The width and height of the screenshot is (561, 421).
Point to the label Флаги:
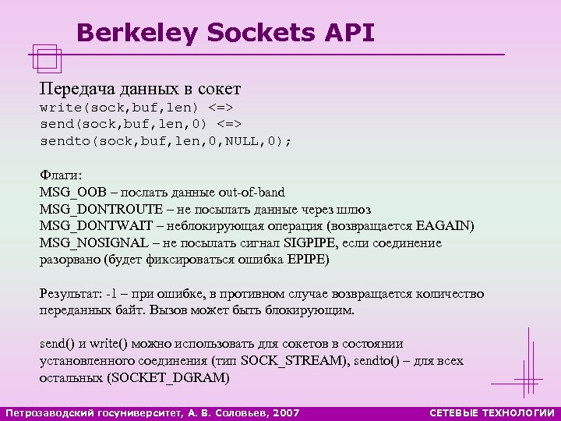[62, 175]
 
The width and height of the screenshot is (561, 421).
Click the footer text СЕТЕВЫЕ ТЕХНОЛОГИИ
[492, 412]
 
